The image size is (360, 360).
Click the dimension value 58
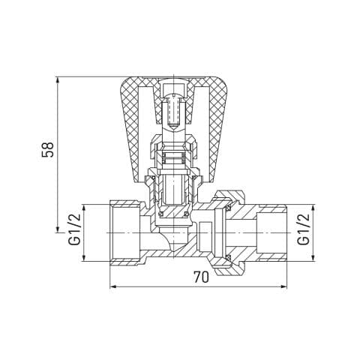(x=48, y=149)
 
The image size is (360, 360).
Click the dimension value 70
(x=201, y=277)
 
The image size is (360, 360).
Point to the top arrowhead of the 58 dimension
(x=58, y=79)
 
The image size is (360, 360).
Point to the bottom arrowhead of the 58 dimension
(x=58, y=229)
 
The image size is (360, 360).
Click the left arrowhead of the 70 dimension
(x=113, y=286)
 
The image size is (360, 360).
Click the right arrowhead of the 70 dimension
(x=283, y=286)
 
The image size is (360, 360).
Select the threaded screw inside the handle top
(x=173, y=111)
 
